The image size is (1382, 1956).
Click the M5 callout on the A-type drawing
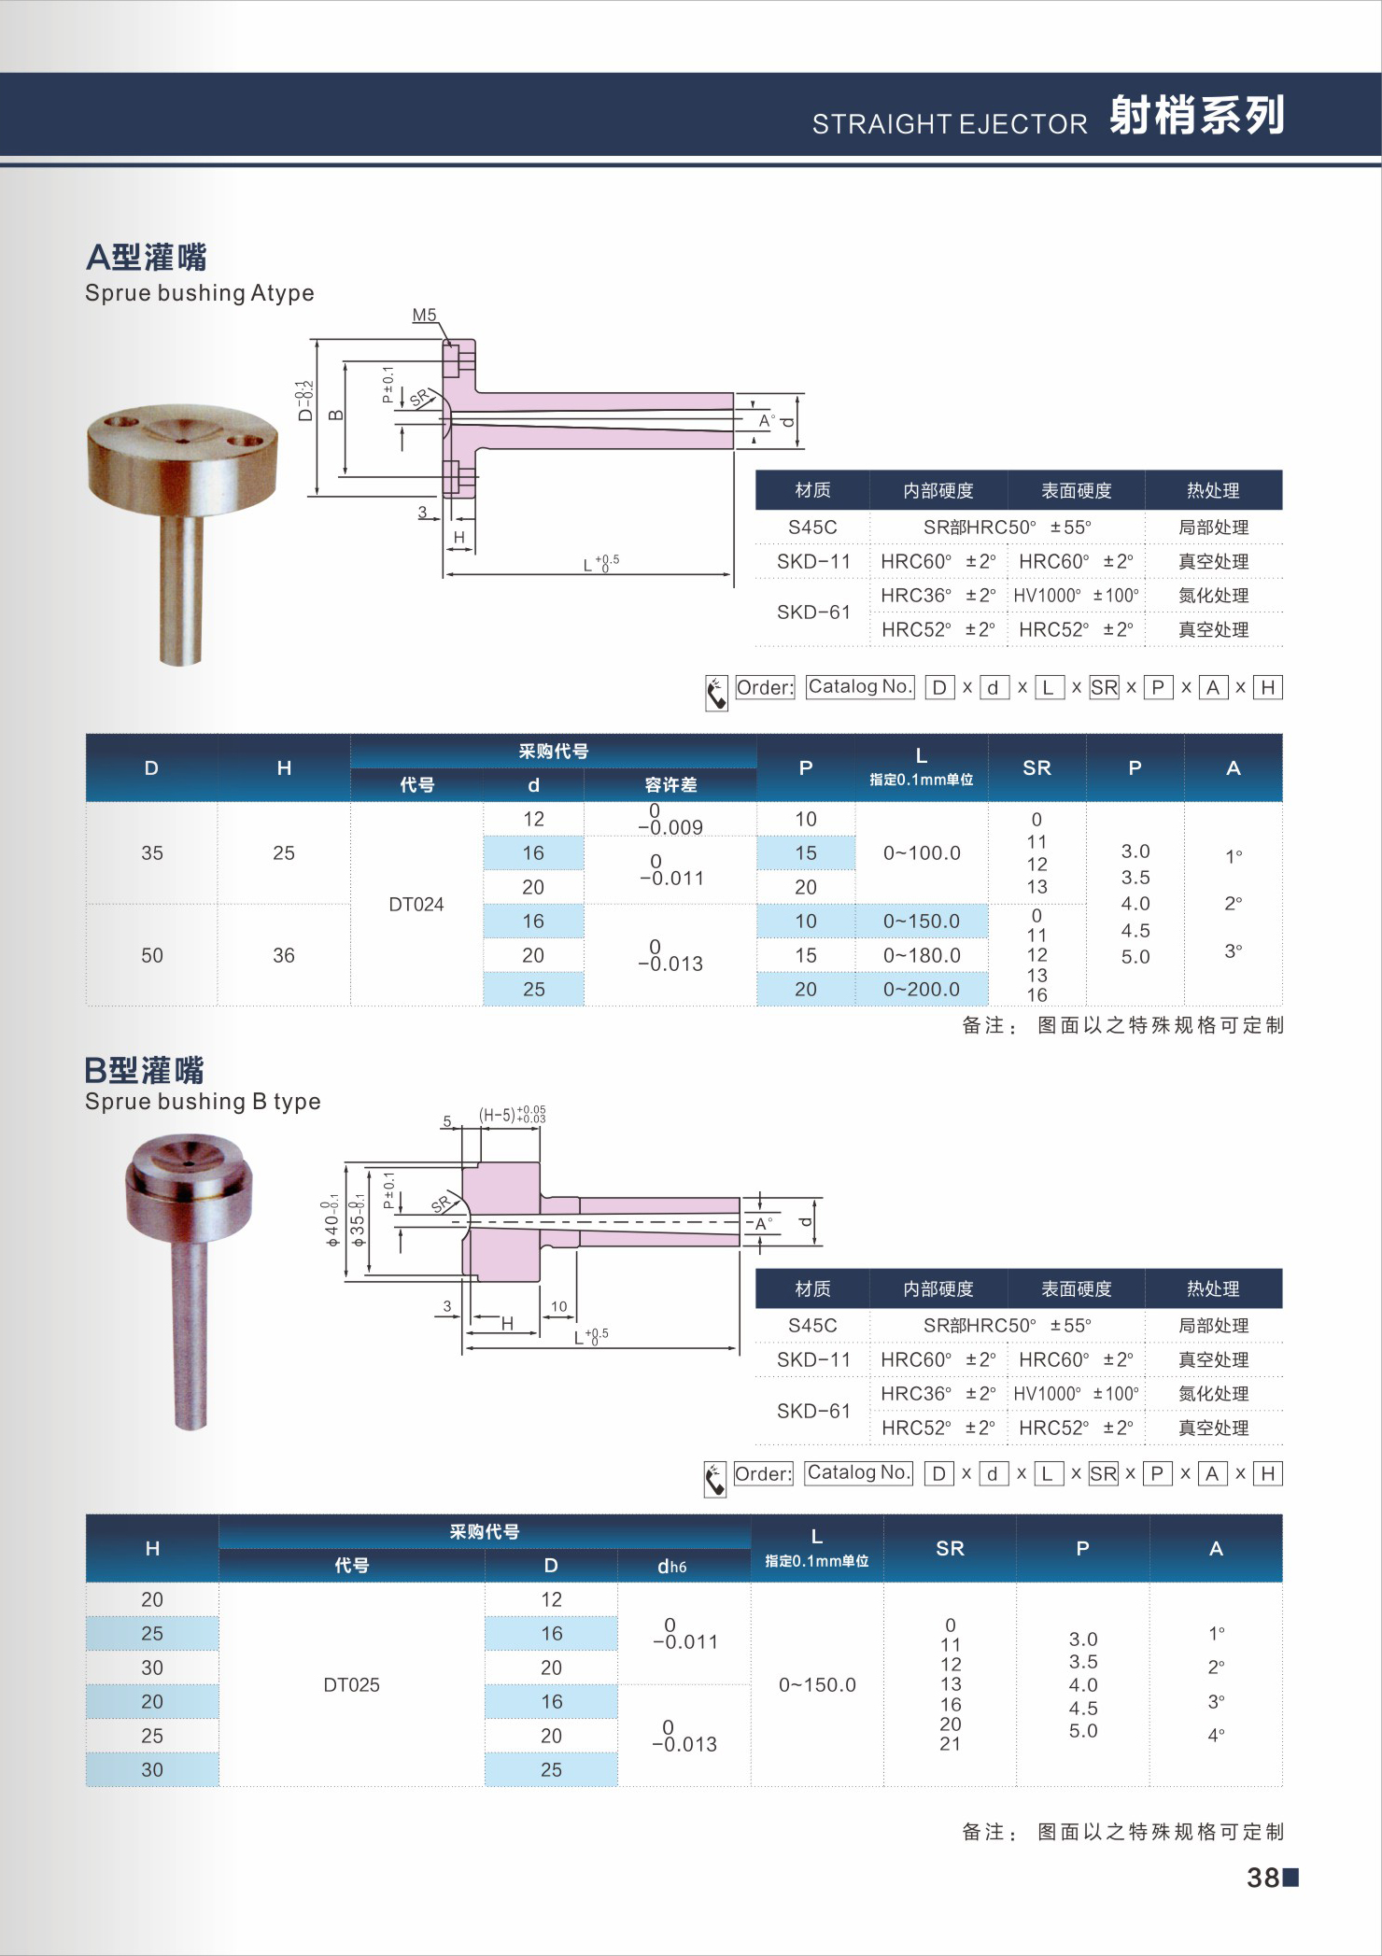425,315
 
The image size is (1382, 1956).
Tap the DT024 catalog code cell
416,904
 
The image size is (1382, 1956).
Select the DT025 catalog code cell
351,1684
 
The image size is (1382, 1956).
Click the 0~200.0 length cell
922,989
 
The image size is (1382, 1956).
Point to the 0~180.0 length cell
922,955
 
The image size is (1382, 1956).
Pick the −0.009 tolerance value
670,827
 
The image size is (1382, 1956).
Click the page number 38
1263,1877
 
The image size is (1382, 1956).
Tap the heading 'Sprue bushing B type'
203,1102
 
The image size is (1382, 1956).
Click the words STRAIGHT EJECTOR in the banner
950,123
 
